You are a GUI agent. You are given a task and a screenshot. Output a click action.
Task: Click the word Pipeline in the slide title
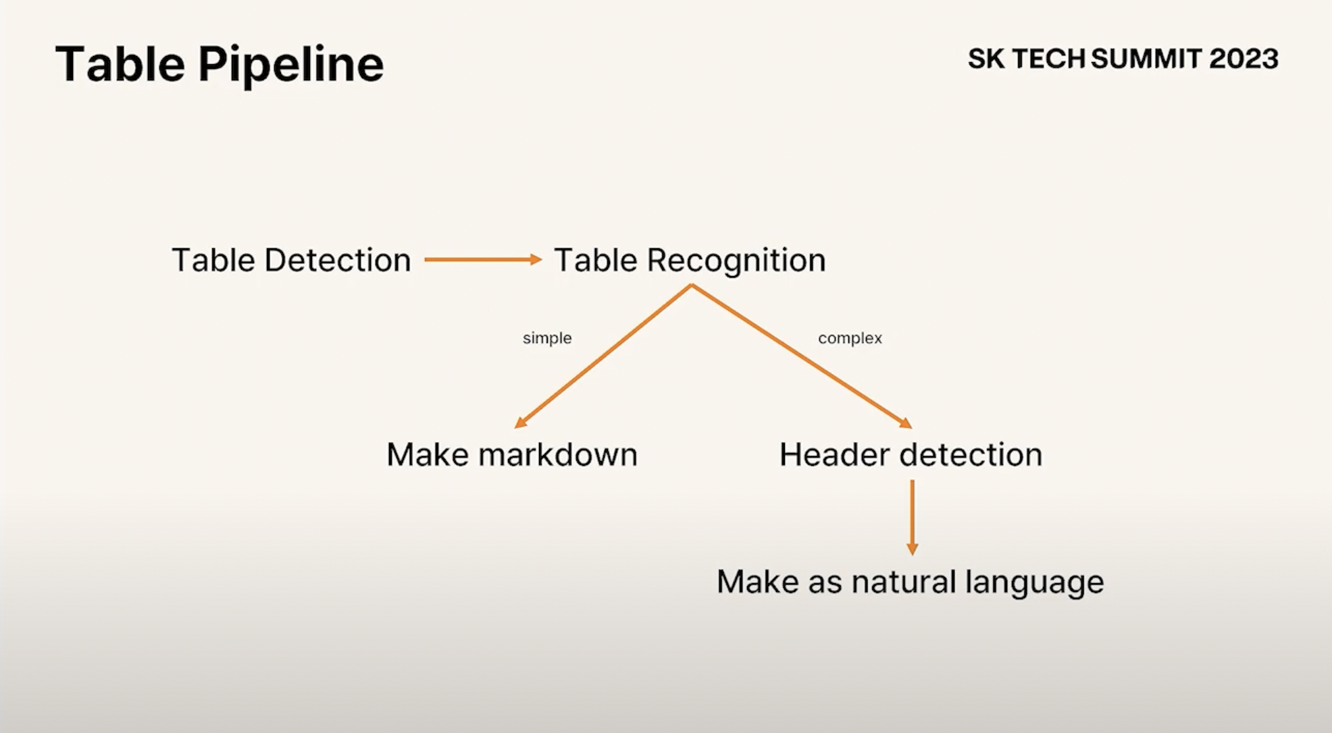click(x=290, y=65)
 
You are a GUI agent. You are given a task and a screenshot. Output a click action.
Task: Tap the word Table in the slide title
click(x=120, y=64)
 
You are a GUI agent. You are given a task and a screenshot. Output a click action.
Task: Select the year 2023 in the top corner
click(x=1244, y=59)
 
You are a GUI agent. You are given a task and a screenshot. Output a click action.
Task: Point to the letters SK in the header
click(x=985, y=59)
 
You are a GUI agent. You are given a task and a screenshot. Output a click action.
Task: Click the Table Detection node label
click(x=291, y=260)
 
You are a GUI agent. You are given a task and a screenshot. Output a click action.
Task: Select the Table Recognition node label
click(x=690, y=261)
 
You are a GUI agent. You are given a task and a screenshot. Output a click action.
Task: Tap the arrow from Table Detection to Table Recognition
click(x=482, y=260)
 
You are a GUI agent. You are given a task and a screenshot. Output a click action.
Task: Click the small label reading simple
click(x=547, y=338)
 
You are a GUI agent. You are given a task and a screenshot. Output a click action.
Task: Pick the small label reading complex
click(x=850, y=338)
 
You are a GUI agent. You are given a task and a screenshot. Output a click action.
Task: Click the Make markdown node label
click(x=511, y=454)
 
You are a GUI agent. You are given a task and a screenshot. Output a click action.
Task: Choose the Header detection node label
click(x=911, y=454)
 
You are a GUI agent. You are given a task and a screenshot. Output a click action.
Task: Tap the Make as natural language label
click(x=910, y=582)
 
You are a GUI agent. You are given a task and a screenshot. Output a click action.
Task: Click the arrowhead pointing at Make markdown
click(x=520, y=423)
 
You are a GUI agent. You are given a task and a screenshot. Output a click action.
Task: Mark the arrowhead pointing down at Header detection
click(x=906, y=423)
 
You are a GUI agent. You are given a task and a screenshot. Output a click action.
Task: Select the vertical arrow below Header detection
click(x=912, y=517)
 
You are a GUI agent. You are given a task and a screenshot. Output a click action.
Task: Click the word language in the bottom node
click(x=1034, y=582)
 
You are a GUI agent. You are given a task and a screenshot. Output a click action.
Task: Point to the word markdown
click(x=558, y=454)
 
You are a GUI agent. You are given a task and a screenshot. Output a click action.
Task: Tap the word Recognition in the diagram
click(x=736, y=261)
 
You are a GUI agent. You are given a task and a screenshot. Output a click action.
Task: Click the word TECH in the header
click(x=1048, y=59)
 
